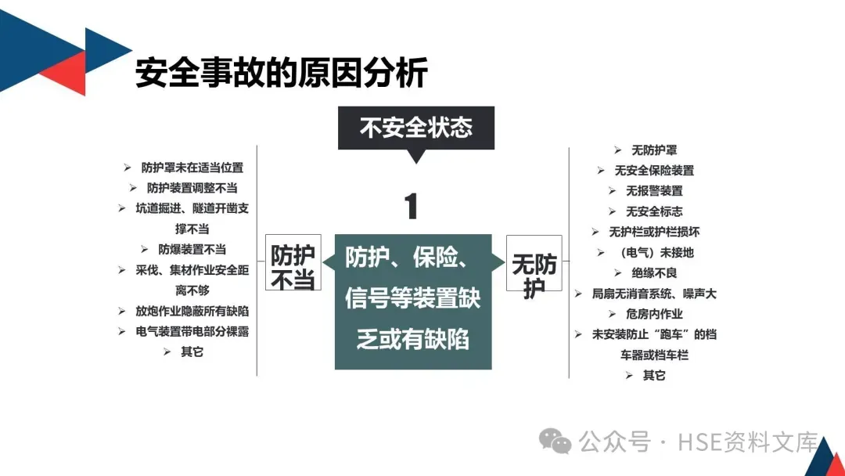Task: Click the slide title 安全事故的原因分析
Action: (282, 73)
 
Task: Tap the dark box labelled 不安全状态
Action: (415, 127)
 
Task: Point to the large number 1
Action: (411, 207)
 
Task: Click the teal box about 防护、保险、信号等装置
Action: (412, 300)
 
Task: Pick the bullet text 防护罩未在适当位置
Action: (192, 168)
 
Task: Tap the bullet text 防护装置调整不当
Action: (192, 188)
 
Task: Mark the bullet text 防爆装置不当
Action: (192, 249)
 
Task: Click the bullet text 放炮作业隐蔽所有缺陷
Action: (192, 311)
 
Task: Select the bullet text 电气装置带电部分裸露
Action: (192, 331)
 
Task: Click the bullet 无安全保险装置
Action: (654, 171)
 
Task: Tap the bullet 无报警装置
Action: (654, 191)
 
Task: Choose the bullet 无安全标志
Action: (654, 211)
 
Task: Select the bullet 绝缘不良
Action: (654, 273)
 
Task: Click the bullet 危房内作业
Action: (654, 314)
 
